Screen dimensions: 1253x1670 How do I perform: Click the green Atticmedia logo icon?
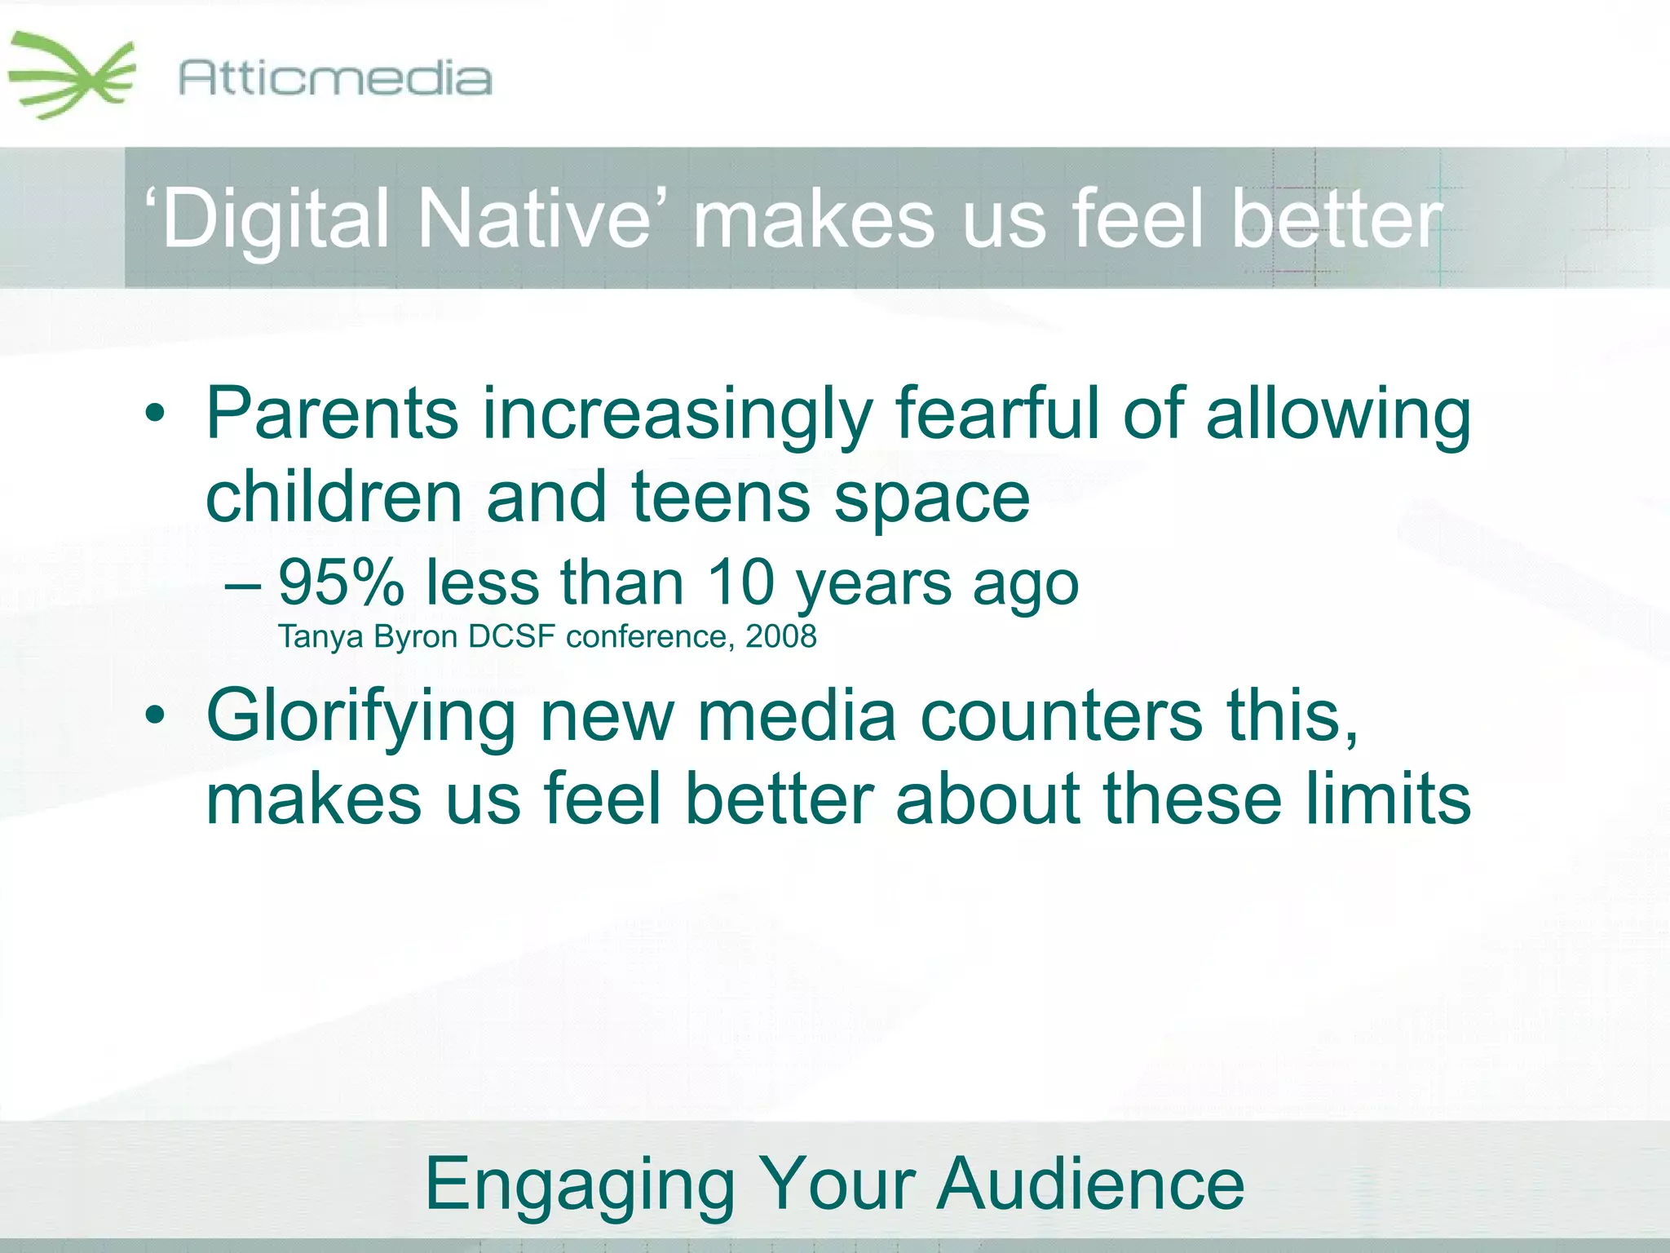tap(72, 76)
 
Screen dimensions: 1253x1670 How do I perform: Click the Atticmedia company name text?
tap(335, 79)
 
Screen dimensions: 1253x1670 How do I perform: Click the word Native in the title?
tap(533, 219)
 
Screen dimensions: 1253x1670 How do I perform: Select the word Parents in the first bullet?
tap(332, 414)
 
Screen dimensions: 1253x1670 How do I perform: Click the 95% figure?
tap(341, 582)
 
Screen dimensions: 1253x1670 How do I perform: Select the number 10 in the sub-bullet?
tap(740, 582)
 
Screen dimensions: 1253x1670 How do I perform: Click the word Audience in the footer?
tap(1090, 1184)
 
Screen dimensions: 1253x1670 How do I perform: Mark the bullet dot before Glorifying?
tap(154, 715)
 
